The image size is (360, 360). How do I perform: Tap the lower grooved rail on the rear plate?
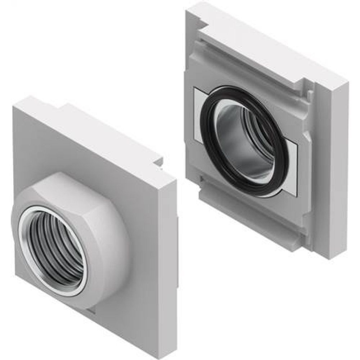[252, 223]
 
